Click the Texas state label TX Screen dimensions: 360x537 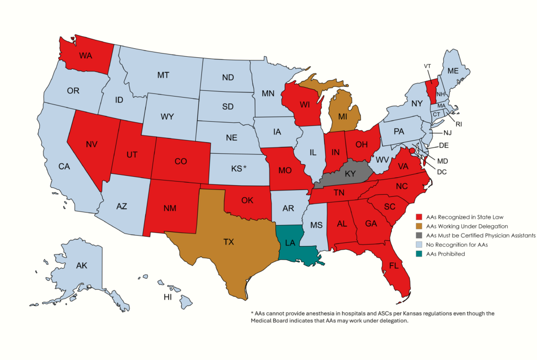(228, 242)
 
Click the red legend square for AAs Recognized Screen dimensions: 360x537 (418, 216)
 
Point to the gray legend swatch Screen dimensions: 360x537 (418, 235)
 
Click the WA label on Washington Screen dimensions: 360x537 (86, 55)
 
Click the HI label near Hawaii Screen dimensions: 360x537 (168, 297)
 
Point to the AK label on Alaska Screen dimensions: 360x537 (81, 266)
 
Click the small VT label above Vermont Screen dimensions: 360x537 (427, 66)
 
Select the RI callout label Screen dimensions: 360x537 (459, 124)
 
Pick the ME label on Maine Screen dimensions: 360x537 (452, 71)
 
